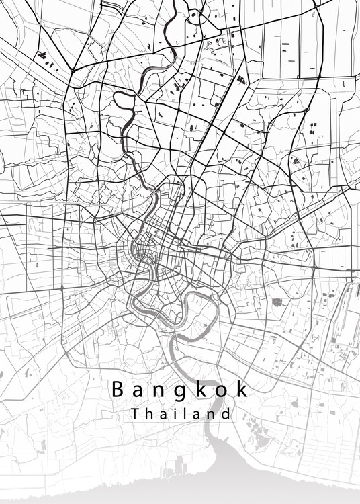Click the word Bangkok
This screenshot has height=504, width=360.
[x=180, y=390]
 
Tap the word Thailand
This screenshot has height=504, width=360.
[x=181, y=413]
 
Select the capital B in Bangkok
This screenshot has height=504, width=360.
[x=116, y=389]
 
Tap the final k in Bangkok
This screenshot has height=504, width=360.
[x=242, y=389]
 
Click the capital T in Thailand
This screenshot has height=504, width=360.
[x=136, y=413]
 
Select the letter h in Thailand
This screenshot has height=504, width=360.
[x=150, y=413]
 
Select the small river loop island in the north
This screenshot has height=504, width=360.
[x=125, y=101]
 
